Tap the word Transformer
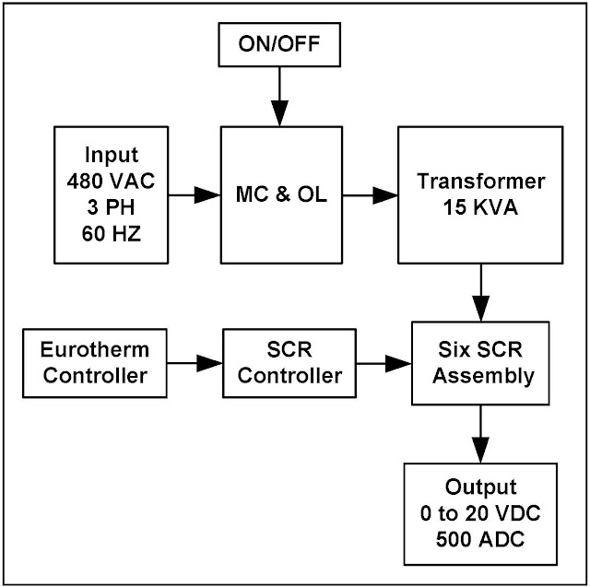tap(479, 181)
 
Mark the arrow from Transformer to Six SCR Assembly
tap(479, 292)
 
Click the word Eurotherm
tap(95, 350)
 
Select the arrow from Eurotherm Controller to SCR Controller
tap(195, 364)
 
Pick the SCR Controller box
tap(290, 364)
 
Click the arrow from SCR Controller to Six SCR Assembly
tap(383, 364)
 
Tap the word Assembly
tap(480, 376)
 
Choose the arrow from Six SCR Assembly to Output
tap(480, 435)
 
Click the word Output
tap(480, 487)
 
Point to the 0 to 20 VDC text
tap(480, 513)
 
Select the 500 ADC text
tap(480, 539)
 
